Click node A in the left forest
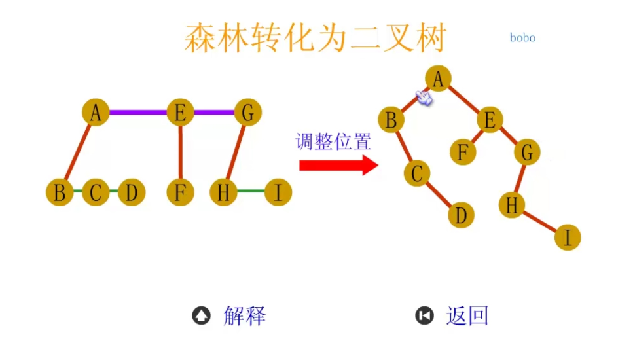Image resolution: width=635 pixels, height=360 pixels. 96,113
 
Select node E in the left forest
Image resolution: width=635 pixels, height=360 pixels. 179,113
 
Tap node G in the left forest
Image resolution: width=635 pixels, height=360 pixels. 247,113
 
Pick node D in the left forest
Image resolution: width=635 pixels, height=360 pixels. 132,192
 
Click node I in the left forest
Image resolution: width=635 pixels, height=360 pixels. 278,192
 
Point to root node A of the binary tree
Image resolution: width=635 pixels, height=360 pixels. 438,79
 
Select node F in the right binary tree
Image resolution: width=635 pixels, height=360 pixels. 463,153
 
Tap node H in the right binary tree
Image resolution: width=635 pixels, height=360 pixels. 511,205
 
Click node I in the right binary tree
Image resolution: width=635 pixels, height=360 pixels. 568,237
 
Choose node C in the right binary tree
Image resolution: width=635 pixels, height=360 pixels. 417,173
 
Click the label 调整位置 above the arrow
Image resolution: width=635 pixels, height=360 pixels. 334,141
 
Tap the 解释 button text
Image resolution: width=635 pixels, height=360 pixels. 245,316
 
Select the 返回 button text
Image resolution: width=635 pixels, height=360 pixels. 467,316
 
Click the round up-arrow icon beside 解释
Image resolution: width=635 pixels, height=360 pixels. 201,316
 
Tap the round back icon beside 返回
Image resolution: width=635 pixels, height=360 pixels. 424,316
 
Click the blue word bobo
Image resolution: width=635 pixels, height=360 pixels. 522,37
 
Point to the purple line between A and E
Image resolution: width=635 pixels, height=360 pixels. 137,112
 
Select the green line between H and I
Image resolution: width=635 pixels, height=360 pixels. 251,192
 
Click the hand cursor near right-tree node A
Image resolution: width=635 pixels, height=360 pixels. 424,98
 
